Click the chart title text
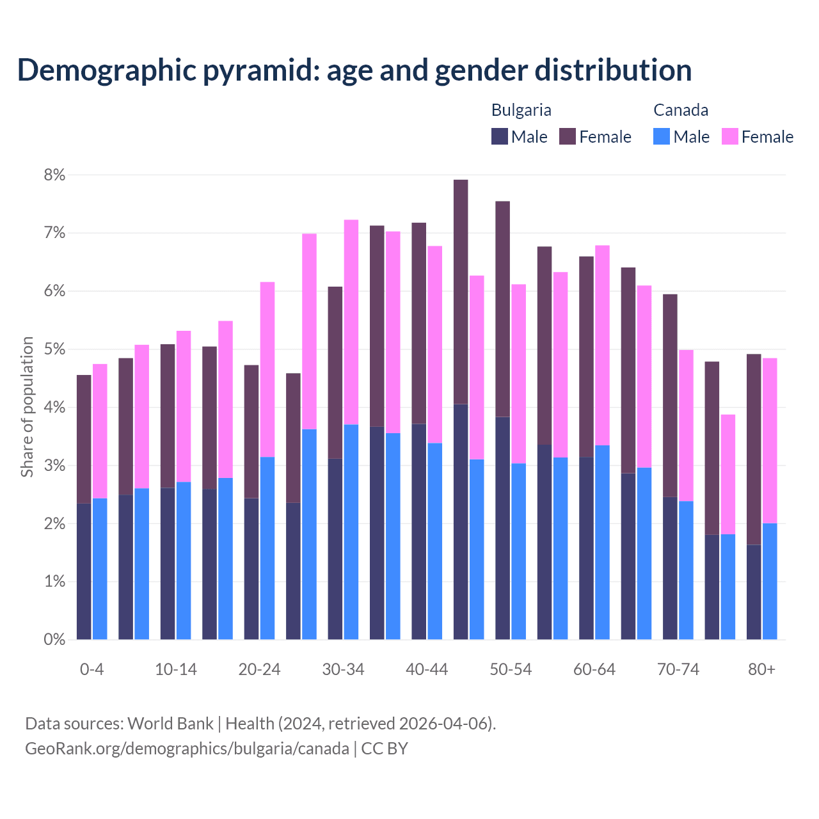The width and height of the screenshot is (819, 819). pos(354,70)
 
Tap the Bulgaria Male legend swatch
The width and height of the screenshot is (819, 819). pos(500,136)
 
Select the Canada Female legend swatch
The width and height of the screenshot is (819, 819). pos(729,136)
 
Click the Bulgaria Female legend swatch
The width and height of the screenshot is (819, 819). pos(568,136)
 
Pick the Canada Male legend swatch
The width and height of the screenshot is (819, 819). pos(662,136)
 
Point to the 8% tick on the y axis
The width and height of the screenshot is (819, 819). pos(54,175)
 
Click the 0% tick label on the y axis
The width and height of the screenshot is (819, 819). pos(54,639)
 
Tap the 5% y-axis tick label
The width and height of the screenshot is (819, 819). pos(54,349)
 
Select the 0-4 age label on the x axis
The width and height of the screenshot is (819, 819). pos(91,669)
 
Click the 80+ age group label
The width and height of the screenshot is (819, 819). pos(761,669)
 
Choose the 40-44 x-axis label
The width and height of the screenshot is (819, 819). pos(427,669)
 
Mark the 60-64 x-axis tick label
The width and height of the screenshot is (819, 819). pos(594,669)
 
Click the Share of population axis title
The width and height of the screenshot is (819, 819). pos(27,407)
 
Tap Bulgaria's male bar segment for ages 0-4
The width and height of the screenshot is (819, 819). pos(84,571)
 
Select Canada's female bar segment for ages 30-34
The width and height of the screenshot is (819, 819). pos(351,322)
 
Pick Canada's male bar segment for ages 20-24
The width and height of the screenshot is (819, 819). pos(267,548)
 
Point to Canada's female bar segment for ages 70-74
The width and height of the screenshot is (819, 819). pos(686,425)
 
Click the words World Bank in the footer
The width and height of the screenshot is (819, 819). pos(170,724)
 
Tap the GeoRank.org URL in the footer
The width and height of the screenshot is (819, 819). pos(187,749)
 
